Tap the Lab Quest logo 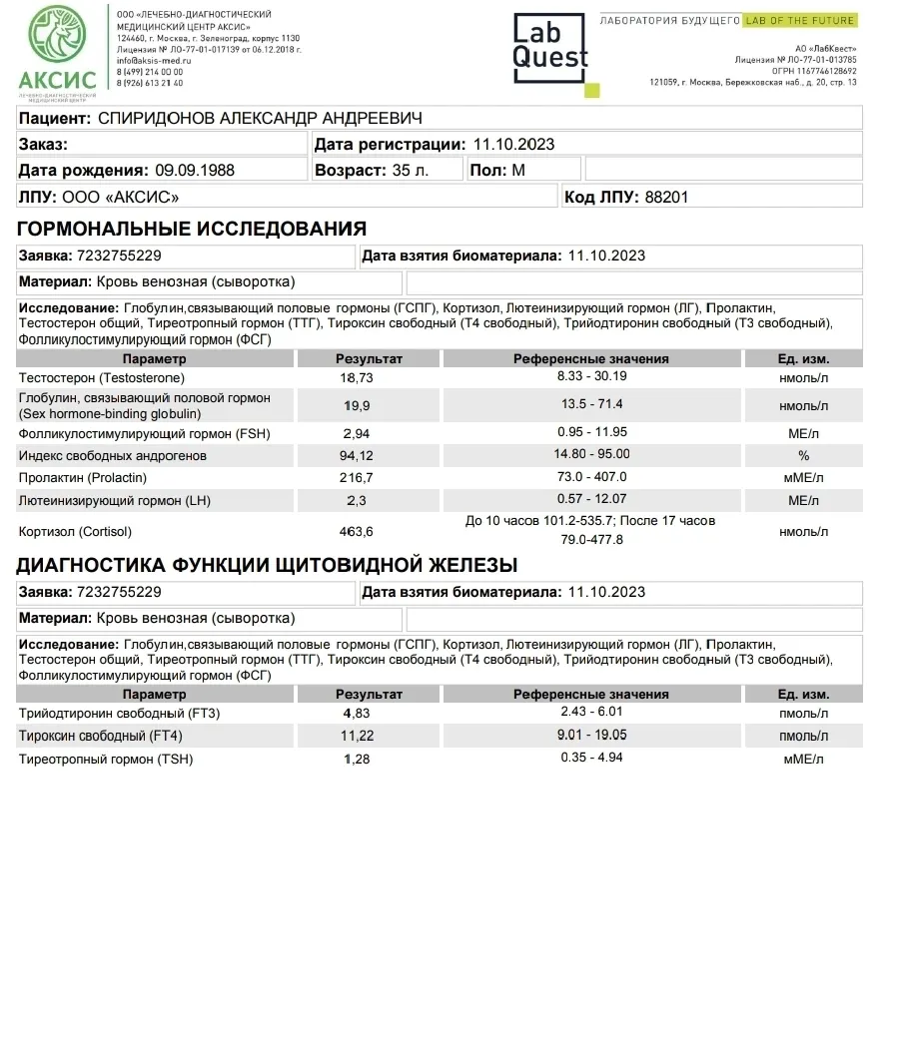coord(550,50)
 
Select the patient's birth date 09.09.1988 coord(195,171)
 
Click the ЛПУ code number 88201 coord(666,198)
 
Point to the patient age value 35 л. coord(411,171)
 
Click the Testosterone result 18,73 coord(357,378)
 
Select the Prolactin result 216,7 coord(357,478)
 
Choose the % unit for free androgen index coord(803,456)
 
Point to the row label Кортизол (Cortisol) coord(75,531)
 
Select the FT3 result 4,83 coord(357,714)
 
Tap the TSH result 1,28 coord(357,760)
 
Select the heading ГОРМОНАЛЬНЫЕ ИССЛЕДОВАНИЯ coord(192,229)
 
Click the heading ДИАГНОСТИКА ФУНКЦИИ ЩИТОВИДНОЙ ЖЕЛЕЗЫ coord(267,566)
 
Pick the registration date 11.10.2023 coord(513,145)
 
